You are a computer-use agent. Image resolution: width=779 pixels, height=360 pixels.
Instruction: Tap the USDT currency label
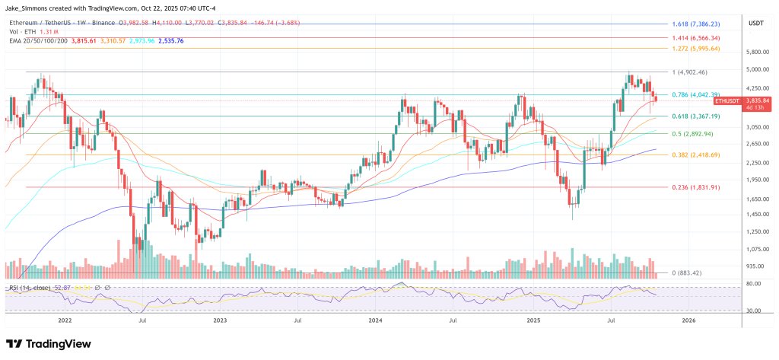pyautogui.click(x=756, y=23)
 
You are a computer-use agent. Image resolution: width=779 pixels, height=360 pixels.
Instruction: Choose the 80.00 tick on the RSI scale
pyautogui.click(x=754, y=285)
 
